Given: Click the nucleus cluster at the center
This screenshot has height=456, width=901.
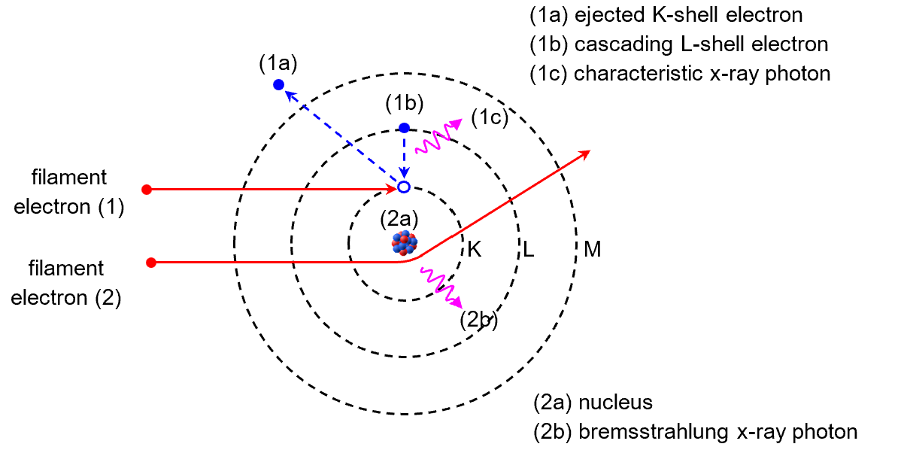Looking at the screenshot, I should (x=404, y=242).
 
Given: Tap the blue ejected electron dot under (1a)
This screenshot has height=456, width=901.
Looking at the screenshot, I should (x=278, y=84).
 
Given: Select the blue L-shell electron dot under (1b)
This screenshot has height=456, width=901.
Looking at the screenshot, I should (x=404, y=127).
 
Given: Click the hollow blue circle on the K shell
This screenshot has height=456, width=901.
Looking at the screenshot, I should (x=404, y=187).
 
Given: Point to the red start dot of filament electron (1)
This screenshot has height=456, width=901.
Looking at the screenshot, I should (x=147, y=190).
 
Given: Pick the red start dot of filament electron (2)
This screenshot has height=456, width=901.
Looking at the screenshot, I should (x=151, y=263).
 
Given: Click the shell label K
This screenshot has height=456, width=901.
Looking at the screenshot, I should (x=474, y=249).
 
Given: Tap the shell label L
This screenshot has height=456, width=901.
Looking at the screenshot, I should (x=529, y=250).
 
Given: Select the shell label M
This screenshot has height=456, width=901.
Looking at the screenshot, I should (x=592, y=250).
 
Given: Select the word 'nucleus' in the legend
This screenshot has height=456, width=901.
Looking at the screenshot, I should (x=615, y=403).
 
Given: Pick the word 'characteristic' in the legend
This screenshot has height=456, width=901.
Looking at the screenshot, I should (x=636, y=74).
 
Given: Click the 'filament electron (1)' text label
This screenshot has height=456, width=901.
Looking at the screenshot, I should (x=69, y=192).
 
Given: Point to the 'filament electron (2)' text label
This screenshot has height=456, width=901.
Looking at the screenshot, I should (x=69, y=282).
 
